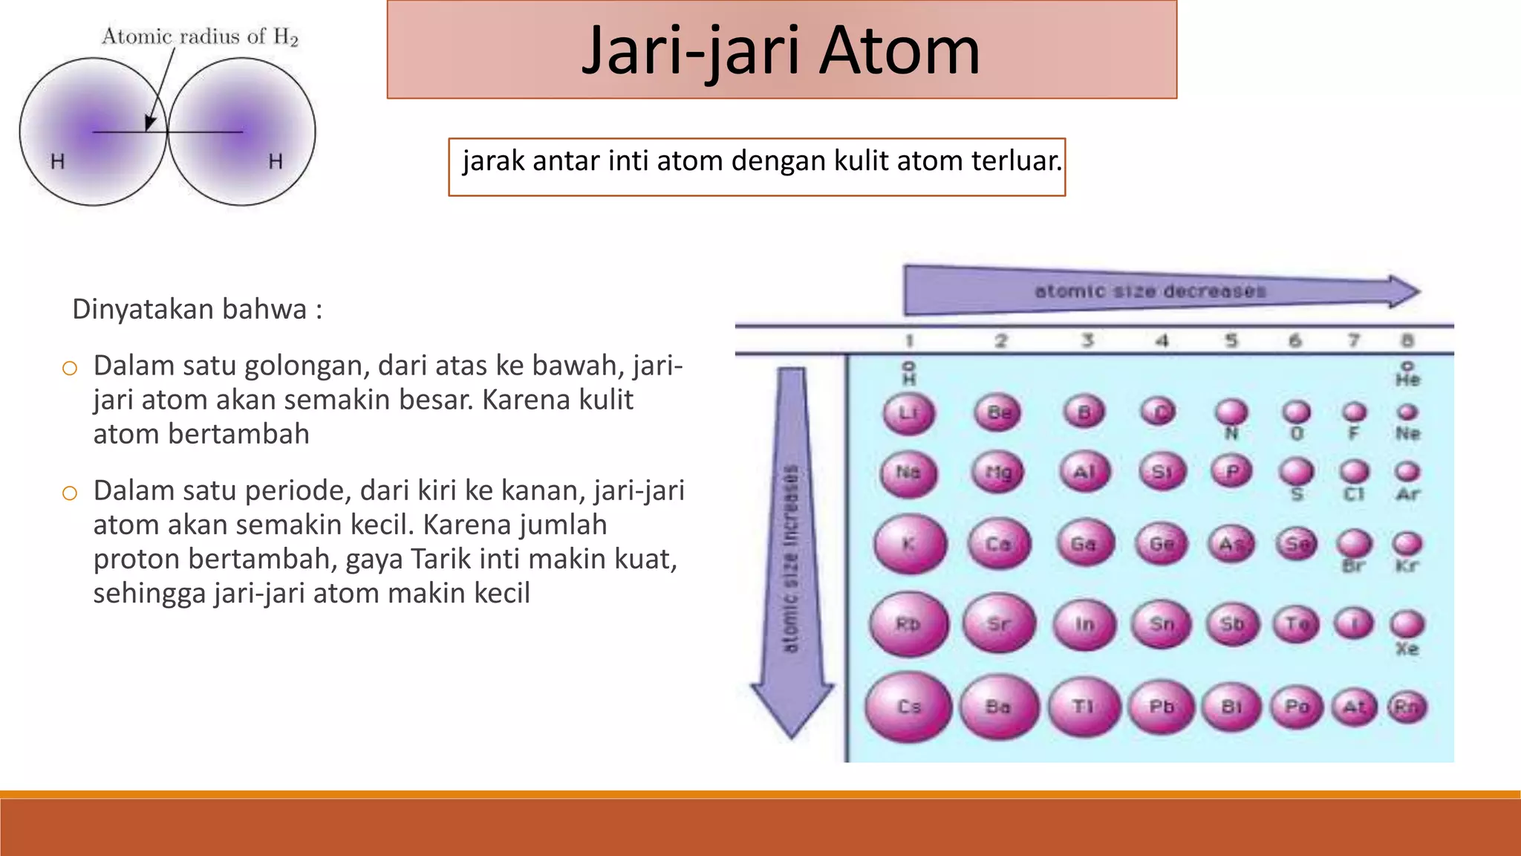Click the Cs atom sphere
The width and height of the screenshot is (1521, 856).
click(908, 707)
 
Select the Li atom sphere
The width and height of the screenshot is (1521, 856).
click(908, 412)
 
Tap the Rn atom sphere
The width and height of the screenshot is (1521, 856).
click(1407, 707)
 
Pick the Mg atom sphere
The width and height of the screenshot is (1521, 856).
click(998, 473)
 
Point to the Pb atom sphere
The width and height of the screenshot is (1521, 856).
click(1162, 707)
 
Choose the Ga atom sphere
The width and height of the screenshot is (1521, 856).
click(1084, 544)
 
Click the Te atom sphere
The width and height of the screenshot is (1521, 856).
click(1297, 623)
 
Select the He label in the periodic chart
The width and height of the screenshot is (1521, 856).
click(1407, 380)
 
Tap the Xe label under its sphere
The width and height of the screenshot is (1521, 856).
click(1407, 649)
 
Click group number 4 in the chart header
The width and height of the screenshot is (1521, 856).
click(1162, 341)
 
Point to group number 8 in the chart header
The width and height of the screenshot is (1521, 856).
click(1407, 341)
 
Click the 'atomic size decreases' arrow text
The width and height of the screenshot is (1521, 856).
click(1150, 291)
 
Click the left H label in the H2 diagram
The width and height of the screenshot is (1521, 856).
click(58, 161)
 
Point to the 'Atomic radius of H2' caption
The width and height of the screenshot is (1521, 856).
click(200, 36)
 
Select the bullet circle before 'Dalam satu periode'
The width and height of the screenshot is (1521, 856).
click(70, 493)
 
